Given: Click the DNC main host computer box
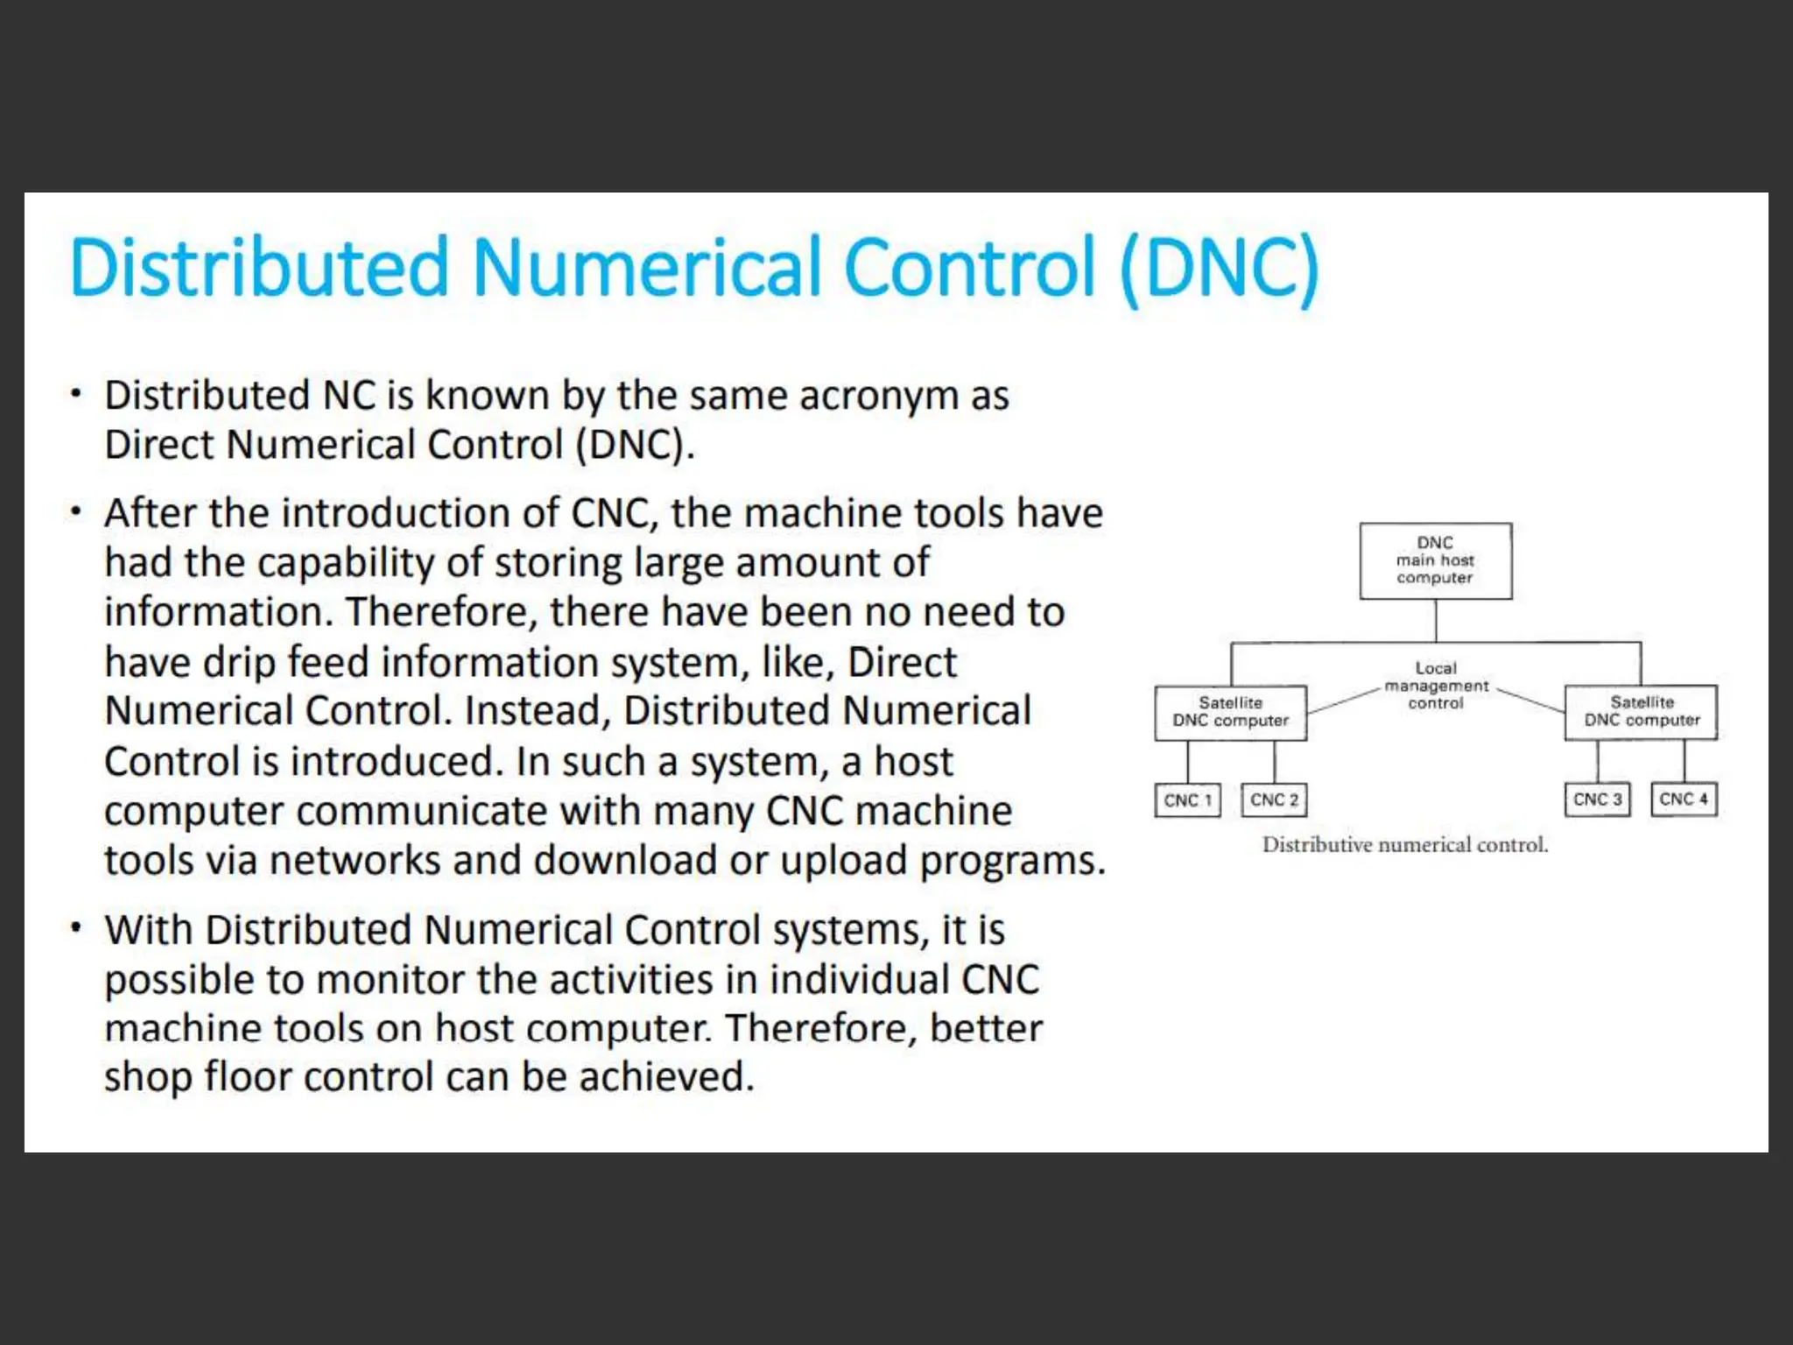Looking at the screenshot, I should pyautogui.click(x=1435, y=560).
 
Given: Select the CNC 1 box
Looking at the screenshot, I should pyautogui.click(x=1187, y=800).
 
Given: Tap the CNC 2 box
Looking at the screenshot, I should pyautogui.click(x=1274, y=800).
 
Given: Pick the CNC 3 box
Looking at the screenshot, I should pyautogui.click(x=1597, y=799).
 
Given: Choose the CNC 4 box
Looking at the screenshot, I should pyautogui.click(x=1684, y=799).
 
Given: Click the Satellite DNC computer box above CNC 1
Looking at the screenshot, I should pyautogui.click(x=1230, y=712).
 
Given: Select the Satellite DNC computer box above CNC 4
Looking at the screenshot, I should pyautogui.click(x=1641, y=712).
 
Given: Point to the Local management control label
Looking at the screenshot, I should pyautogui.click(x=1436, y=686).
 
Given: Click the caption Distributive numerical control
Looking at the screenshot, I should pyautogui.click(x=1404, y=845).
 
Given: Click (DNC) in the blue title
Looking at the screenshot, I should pyautogui.click(x=1219, y=268).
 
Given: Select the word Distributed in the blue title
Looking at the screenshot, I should pyautogui.click(x=259, y=268).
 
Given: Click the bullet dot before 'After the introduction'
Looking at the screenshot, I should pyautogui.click(x=77, y=511).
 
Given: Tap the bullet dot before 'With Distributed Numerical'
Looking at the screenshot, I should pyautogui.click(x=77, y=927).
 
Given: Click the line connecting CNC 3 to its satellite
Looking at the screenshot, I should pyautogui.click(x=1598, y=761).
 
